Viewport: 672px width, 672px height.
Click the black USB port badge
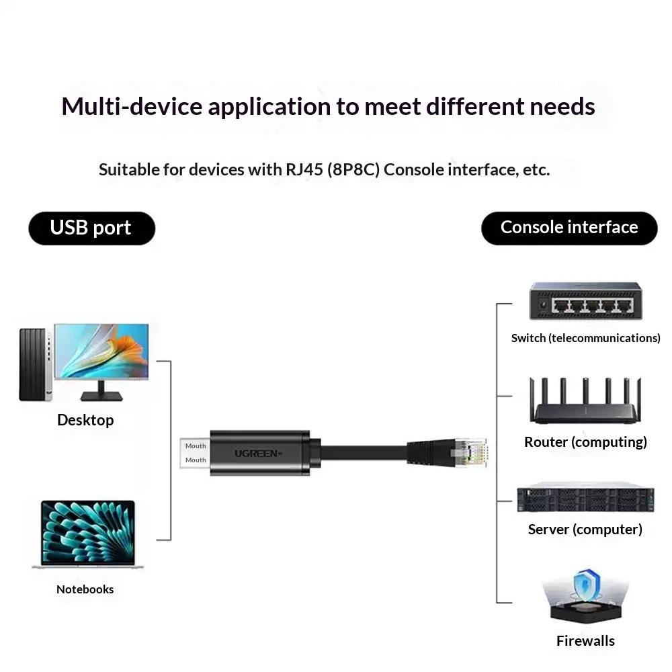[91, 228]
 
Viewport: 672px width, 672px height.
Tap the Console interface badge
[569, 228]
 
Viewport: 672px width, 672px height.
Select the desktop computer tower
[35, 365]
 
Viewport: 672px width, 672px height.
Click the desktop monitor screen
[101, 351]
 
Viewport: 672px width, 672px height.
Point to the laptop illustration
[88, 534]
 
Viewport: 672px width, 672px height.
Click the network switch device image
[586, 301]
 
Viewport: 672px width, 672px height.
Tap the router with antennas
[585, 401]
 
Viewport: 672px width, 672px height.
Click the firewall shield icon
[587, 585]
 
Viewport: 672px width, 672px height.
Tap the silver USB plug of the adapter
[195, 453]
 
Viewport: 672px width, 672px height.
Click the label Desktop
[85, 420]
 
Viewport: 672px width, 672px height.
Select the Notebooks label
[85, 589]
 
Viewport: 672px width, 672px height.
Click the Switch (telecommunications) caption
[585, 338]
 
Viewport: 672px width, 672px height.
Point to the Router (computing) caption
[585, 442]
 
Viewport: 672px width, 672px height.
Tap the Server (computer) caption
[585, 530]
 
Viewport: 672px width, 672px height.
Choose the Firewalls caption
[585, 640]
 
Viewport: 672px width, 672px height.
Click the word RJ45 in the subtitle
[304, 170]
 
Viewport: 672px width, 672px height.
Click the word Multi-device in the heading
[132, 106]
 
